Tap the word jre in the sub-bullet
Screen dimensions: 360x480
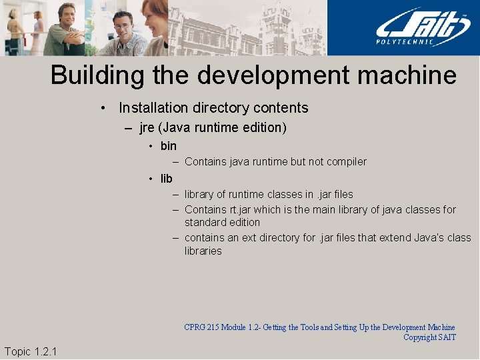[147, 127]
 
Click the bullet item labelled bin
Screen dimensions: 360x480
[169, 146]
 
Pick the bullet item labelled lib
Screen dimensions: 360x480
[167, 179]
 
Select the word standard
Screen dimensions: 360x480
[205, 222]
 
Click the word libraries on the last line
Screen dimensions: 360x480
[203, 251]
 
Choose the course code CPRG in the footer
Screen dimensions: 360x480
[195, 327]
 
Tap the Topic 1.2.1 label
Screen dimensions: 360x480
[31, 351]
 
